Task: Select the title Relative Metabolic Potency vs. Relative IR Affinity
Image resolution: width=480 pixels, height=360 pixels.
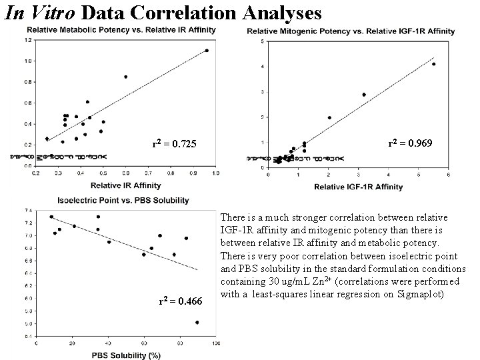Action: click(122, 29)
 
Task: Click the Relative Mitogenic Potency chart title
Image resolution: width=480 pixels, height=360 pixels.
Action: click(351, 31)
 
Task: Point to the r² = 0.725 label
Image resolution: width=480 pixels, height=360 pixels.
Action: click(175, 143)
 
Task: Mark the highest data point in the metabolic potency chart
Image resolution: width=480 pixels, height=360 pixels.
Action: click(207, 51)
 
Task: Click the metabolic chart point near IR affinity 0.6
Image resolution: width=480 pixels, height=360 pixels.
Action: click(125, 77)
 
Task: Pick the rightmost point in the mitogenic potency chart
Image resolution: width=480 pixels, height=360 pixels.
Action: click(433, 64)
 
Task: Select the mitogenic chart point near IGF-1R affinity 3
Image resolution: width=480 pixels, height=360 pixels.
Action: click(364, 95)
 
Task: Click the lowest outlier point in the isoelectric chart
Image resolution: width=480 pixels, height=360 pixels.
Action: click(197, 323)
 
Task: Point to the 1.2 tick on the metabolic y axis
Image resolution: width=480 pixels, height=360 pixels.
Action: click(27, 40)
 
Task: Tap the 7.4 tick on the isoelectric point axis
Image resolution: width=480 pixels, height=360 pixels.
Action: click(27, 211)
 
